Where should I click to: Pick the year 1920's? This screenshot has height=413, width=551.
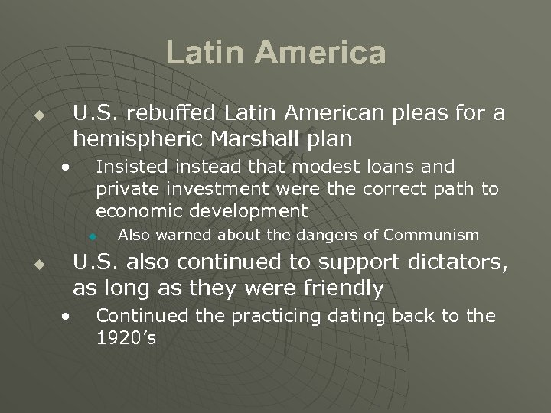point(126,337)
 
